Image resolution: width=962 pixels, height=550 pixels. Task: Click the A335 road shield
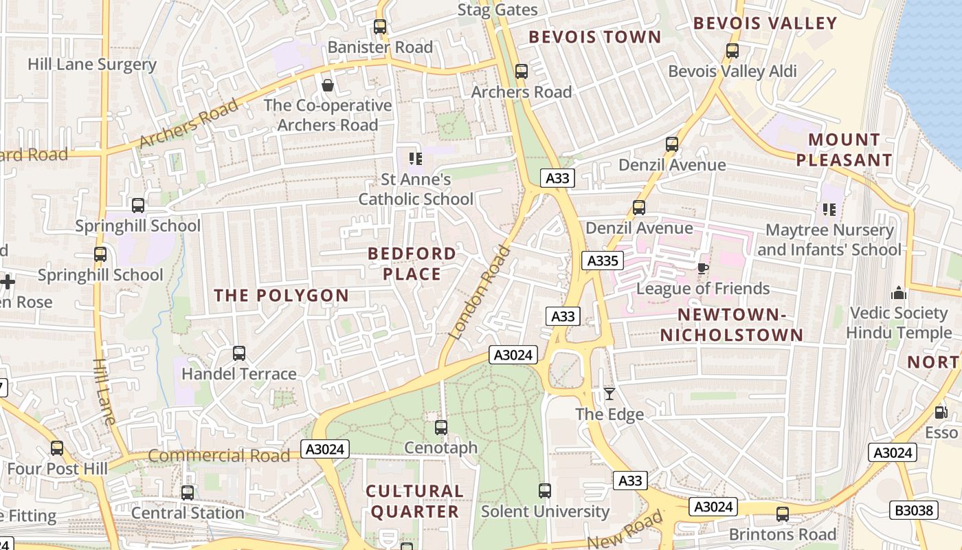[x=603, y=261]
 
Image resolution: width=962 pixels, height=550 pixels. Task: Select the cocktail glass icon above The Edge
[x=609, y=394]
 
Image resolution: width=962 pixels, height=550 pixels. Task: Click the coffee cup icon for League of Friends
[x=702, y=268]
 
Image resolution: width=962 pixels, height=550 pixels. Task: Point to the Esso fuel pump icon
[x=941, y=412]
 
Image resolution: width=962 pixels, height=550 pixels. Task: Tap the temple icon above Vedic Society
[x=899, y=294]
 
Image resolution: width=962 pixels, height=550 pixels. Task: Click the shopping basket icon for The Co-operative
[x=328, y=85]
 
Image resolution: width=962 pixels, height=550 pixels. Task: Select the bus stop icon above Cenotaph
[x=441, y=428]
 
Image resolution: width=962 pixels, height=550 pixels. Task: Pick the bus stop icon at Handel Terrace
[x=239, y=353]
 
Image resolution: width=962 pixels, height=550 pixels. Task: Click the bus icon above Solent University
[x=545, y=491]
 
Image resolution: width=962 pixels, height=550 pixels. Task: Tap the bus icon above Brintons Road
[x=782, y=514]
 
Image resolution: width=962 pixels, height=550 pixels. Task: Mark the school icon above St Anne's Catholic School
[x=416, y=159]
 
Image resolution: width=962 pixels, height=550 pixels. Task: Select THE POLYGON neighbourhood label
[x=281, y=296]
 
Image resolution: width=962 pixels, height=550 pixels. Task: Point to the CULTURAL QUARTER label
[x=414, y=501]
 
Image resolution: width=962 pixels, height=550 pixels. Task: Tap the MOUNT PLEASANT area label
[x=844, y=150]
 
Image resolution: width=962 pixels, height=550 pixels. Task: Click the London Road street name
[x=480, y=293]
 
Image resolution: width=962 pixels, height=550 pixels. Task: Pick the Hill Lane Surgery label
[x=92, y=65]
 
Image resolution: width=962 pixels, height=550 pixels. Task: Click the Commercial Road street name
[x=219, y=456]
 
